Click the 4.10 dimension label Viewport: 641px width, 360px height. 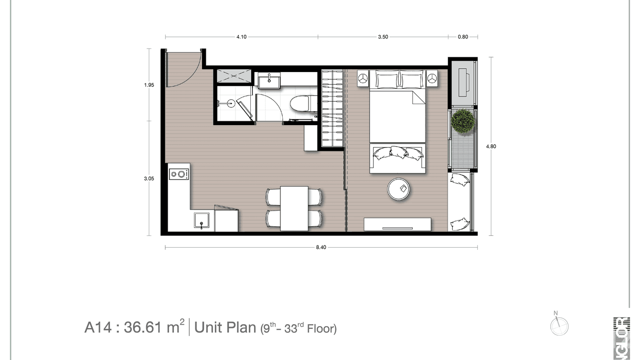click(241, 36)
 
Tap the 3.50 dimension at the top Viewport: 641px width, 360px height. click(383, 36)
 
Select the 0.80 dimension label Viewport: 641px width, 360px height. click(463, 36)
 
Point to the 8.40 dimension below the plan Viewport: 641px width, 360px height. click(321, 247)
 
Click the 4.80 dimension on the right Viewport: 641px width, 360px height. click(491, 147)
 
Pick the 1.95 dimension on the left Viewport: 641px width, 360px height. click(149, 85)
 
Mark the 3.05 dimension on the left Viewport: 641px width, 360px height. click(149, 178)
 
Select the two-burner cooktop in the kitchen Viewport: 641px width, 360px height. click(179, 174)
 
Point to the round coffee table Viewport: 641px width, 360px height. click(401, 189)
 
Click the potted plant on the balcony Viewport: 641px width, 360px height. click(463, 121)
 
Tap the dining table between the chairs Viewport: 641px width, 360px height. click(294, 208)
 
